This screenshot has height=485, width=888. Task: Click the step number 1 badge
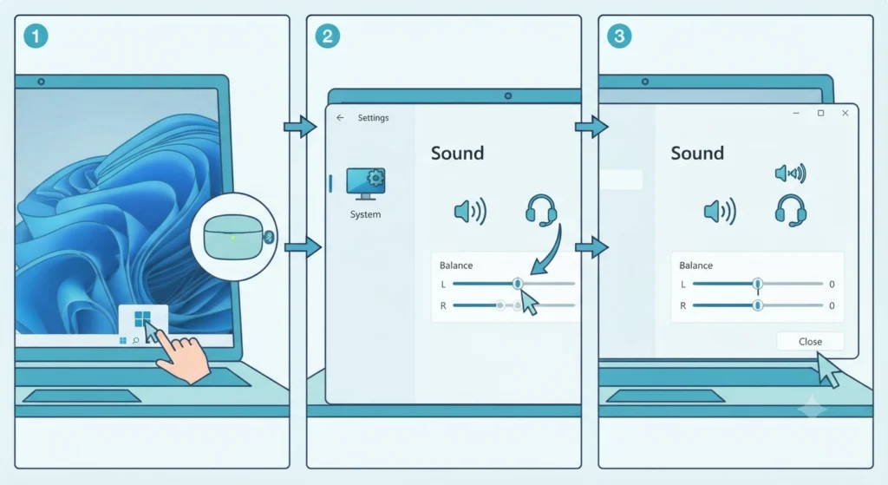[36, 36]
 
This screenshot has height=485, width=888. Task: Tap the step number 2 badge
[327, 36]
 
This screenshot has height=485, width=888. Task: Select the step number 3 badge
[619, 36]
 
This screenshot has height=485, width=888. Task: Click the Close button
[810, 342]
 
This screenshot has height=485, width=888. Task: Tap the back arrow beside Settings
[340, 118]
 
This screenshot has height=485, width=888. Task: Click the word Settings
[373, 118]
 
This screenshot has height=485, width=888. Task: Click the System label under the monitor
[365, 214]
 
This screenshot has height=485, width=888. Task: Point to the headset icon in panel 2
[541, 211]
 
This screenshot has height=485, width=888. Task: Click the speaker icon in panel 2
[470, 212]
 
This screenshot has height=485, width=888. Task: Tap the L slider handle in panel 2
[518, 284]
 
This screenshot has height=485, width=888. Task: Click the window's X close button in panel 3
[845, 114]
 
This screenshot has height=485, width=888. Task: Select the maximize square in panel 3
[820, 114]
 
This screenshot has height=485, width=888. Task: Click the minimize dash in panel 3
[796, 114]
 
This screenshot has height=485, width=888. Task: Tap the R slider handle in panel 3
[758, 305]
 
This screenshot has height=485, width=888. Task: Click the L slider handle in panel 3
[758, 284]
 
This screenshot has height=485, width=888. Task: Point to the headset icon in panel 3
[791, 211]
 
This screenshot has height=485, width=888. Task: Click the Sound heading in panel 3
[697, 153]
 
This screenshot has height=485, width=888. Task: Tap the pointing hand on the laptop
[182, 357]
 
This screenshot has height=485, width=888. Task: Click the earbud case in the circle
[235, 238]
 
